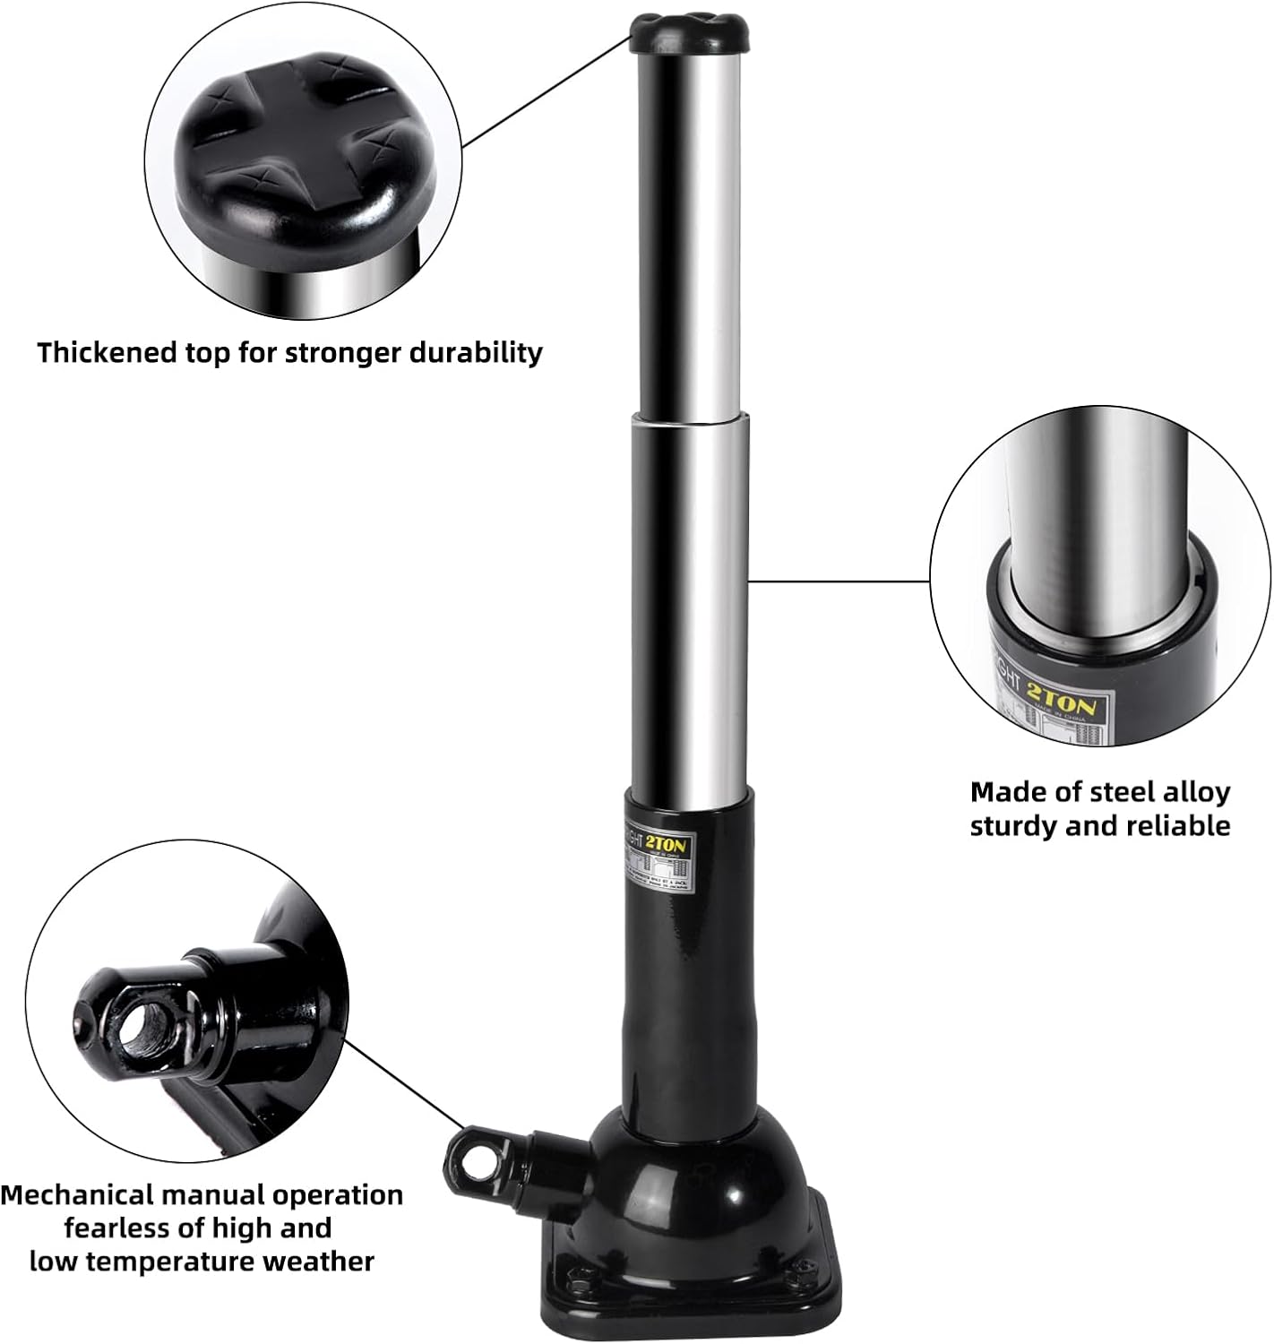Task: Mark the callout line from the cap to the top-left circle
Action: pos(547,90)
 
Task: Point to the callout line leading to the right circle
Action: pos(838,581)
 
